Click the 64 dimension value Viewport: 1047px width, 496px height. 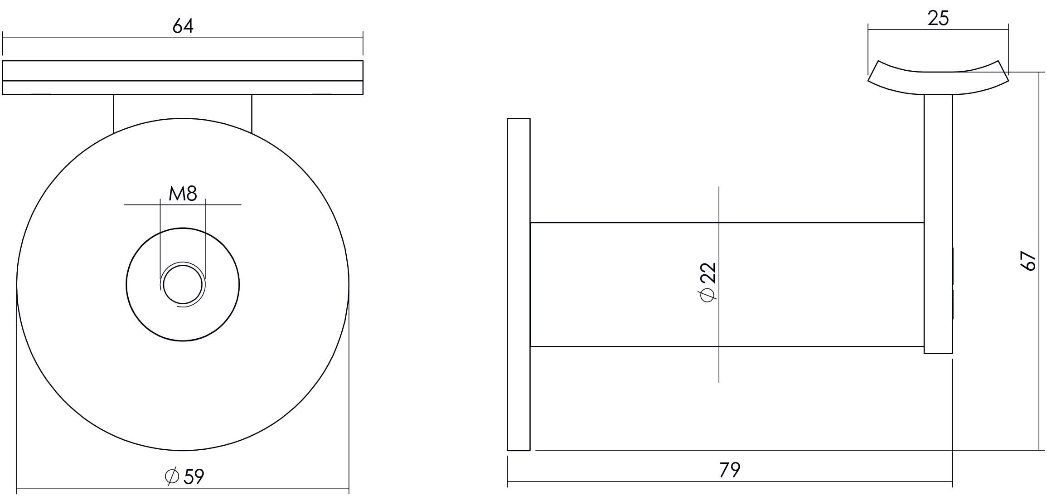coord(183,26)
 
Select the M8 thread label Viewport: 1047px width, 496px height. coord(183,194)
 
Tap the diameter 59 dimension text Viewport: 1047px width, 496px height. coord(185,476)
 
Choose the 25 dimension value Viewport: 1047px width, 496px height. coord(938,19)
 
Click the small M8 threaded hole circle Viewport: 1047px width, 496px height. coord(183,285)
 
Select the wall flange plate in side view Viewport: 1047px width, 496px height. coord(519,284)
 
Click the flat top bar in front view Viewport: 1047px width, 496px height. coord(183,77)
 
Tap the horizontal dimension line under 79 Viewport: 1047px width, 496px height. coord(635,481)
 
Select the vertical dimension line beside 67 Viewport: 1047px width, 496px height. coord(1038,363)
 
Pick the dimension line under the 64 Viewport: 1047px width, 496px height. coord(272,37)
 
